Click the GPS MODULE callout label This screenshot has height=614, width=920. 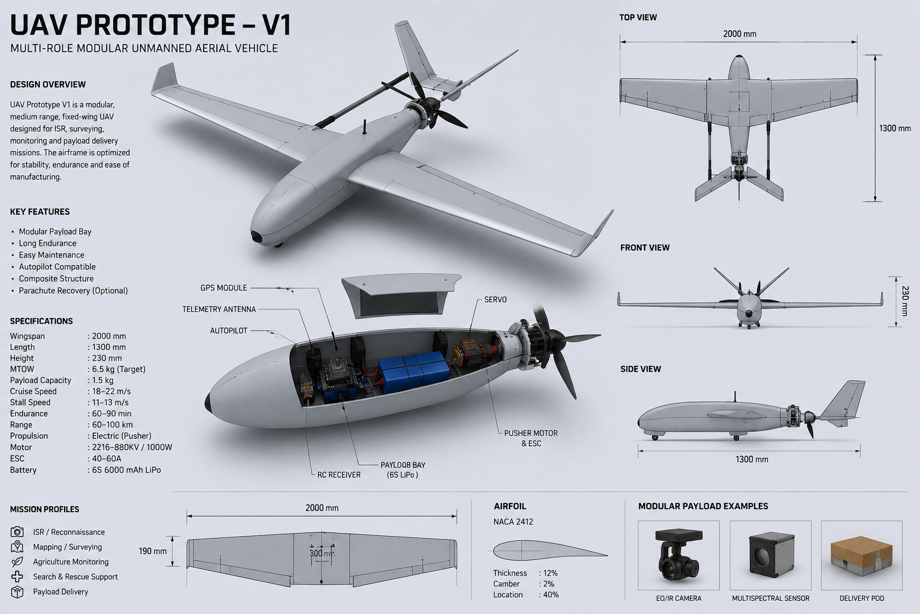click(223, 288)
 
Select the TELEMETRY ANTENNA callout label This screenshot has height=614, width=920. click(219, 309)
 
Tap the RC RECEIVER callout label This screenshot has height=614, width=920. click(339, 475)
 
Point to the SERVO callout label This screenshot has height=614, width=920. click(495, 300)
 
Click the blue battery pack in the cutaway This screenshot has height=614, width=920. click(413, 371)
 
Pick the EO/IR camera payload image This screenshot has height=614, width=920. click(679, 555)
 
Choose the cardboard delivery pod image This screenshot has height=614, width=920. click(861, 556)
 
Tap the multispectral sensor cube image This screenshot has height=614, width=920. click(771, 555)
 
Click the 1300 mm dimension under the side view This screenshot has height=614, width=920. click(752, 459)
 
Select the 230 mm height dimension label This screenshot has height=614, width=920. click(905, 301)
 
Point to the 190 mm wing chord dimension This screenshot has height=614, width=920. click(153, 551)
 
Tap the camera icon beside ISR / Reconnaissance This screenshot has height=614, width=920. click(17, 532)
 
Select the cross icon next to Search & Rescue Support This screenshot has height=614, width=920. click(17, 577)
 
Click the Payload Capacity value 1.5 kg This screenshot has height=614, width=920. click(102, 380)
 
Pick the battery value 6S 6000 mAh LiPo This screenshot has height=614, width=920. click(126, 470)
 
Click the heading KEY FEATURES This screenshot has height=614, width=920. click(40, 212)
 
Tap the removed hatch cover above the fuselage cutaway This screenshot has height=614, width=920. click(401, 295)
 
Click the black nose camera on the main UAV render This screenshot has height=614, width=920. click(257, 237)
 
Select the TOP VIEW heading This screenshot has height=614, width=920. click(638, 17)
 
